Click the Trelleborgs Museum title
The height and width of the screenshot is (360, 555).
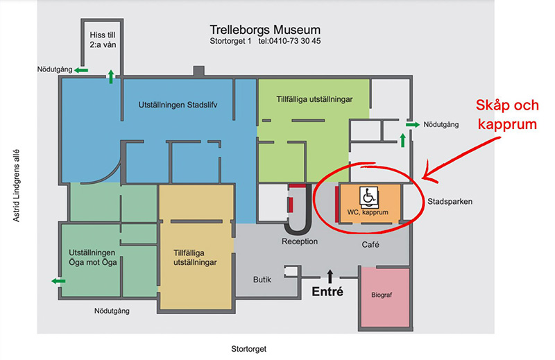coord(265,30)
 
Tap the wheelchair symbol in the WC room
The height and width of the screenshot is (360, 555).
coord(368,196)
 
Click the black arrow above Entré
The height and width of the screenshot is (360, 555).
coord(330,276)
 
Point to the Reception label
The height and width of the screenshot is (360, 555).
coord(299,241)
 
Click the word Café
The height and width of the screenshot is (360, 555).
coord(372,245)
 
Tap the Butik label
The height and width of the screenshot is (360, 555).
coord(262,280)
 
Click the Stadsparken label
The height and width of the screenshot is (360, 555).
coord(450,202)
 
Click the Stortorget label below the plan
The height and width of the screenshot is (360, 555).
coord(248,349)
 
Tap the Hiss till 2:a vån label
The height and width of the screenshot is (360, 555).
coord(102,40)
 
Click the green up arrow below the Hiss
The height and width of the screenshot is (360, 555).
coord(110,76)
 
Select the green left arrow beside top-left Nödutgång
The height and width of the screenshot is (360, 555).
coord(81,69)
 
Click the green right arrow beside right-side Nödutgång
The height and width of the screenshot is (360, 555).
coord(412,125)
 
